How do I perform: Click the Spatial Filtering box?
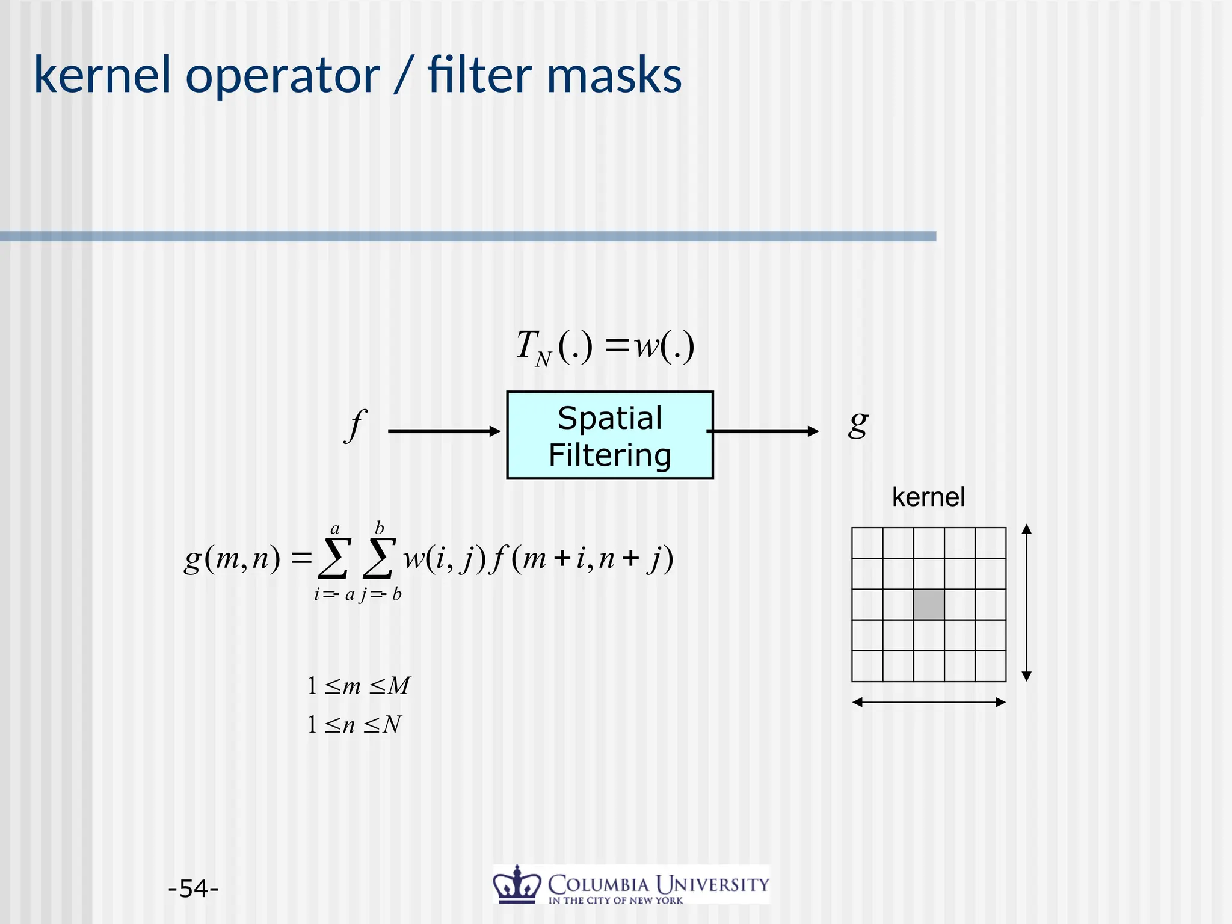coord(609,435)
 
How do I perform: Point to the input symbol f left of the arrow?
coord(356,425)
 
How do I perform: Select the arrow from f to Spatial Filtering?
coord(444,431)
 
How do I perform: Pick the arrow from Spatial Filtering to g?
coord(763,431)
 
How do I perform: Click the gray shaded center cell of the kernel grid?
coord(929,605)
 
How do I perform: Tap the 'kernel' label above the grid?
coord(928,497)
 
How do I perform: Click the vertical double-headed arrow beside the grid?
coord(1027,602)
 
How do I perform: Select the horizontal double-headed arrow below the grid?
coord(929,702)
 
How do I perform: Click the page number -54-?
coord(193,888)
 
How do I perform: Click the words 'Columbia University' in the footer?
coord(658,884)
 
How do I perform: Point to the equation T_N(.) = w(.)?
coord(605,347)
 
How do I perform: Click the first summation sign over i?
coord(334,558)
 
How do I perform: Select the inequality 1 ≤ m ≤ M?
coord(359,686)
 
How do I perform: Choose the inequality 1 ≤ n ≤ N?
coord(354,724)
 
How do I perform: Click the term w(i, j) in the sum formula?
coord(444,559)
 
